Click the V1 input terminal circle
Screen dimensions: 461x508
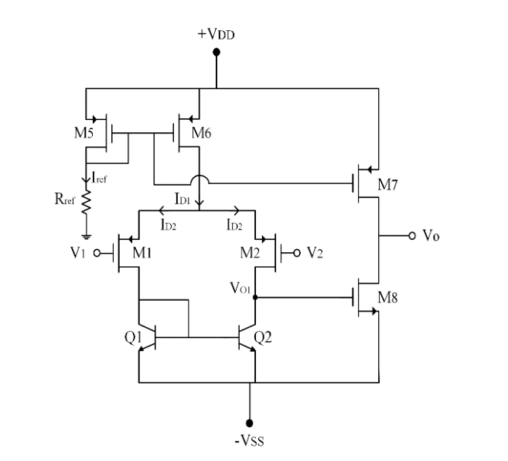pos(97,252)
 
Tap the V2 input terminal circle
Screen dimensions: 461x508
pos(297,252)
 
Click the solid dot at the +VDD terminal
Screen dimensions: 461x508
pos(216,53)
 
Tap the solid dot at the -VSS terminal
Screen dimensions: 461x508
pos(249,422)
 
